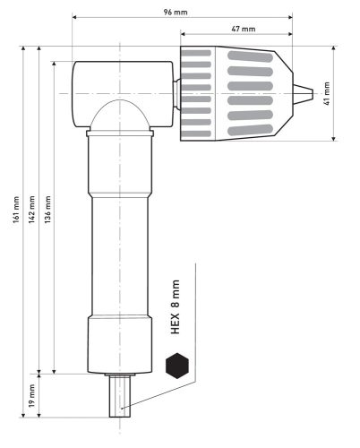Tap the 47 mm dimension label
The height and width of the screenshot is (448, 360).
pos(243,30)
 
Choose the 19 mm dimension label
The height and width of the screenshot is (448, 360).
pos(32,393)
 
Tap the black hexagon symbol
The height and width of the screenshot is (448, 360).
pos(178,366)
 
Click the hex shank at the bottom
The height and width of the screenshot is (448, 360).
pos(120,399)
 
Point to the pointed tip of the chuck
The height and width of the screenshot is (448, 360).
pos(305,92)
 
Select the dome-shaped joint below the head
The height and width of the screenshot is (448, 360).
pos(121,115)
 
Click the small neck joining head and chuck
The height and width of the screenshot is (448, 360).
pos(176,92)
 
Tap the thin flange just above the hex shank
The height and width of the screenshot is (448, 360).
pos(120,374)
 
